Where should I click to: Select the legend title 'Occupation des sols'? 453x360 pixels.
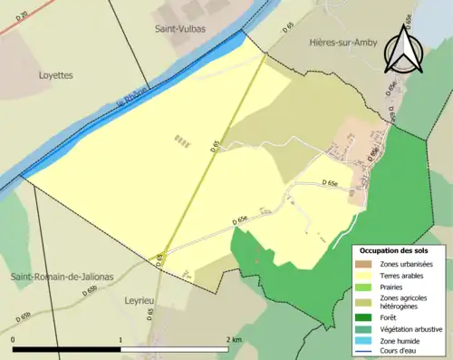[394, 250]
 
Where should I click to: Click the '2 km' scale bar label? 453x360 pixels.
[234, 339]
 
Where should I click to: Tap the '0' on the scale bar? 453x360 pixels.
[14, 339]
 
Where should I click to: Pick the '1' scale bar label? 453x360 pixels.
[120, 339]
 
